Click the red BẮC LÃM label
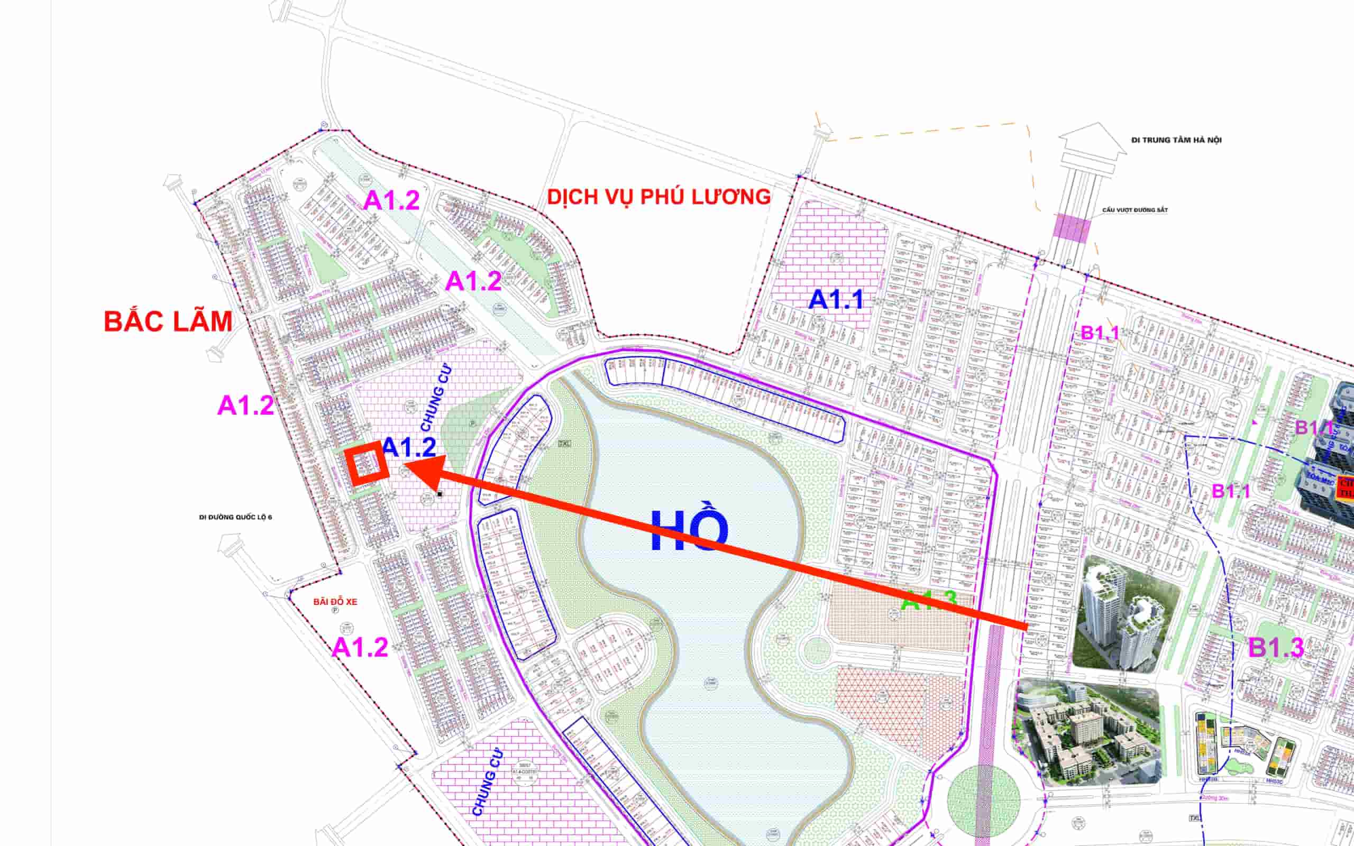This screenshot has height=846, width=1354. point(168,321)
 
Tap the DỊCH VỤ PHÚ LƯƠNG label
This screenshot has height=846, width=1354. point(658,197)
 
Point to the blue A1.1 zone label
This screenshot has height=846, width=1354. point(836,300)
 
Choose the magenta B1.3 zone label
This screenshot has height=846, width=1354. point(1276,648)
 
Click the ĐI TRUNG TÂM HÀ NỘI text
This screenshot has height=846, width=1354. point(1176,140)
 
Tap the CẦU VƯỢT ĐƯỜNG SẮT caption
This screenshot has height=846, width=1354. point(1135,210)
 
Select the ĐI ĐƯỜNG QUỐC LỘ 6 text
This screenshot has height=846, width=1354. point(235,517)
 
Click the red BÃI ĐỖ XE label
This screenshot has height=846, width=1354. point(335,602)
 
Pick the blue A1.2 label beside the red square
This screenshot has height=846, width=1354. point(409,447)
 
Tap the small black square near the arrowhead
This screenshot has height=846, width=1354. point(440,494)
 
